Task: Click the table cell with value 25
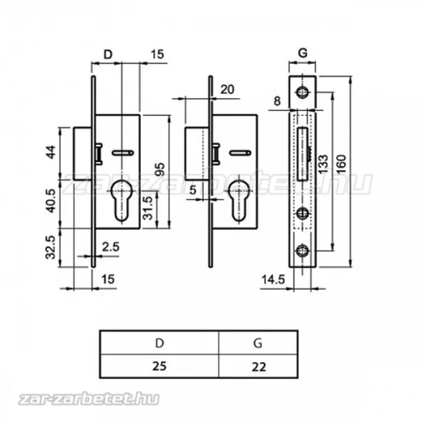(x=159, y=366)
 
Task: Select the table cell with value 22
(x=258, y=366)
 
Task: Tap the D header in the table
(x=159, y=343)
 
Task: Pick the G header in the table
(x=258, y=343)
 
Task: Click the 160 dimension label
(x=341, y=164)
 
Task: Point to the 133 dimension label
(x=323, y=164)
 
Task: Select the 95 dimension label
(x=160, y=170)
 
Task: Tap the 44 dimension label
(x=51, y=152)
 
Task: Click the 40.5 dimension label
(x=51, y=201)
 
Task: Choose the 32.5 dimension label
(x=51, y=247)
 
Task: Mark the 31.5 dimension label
(x=148, y=208)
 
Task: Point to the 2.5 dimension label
(x=111, y=247)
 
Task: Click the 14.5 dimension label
(x=273, y=279)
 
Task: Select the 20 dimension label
(x=227, y=89)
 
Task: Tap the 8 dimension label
(x=277, y=101)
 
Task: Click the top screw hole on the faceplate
(x=302, y=92)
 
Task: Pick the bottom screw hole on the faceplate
(x=302, y=250)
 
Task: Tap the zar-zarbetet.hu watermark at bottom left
(x=89, y=400)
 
